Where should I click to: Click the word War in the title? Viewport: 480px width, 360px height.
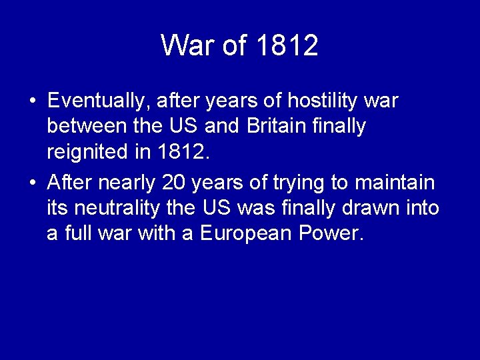185,45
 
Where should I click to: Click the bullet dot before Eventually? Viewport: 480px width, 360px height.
33,102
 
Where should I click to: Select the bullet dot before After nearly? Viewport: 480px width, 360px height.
33,183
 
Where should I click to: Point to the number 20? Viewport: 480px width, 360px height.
175,182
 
